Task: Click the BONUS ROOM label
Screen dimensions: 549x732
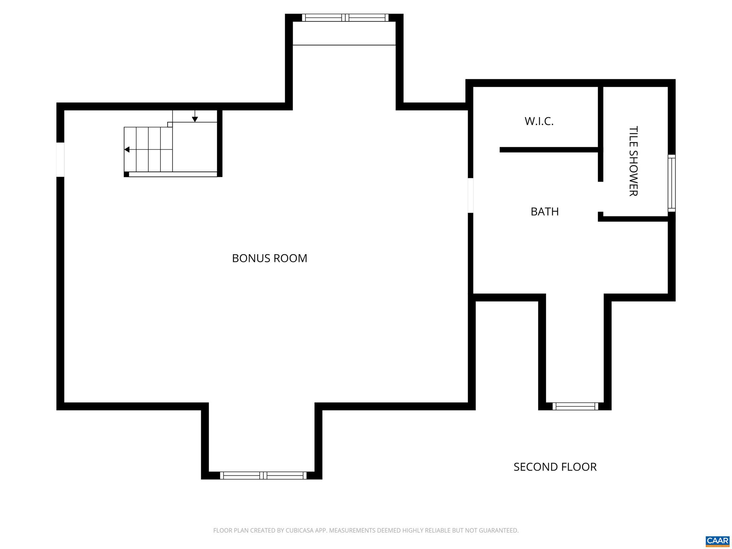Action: click(x=269, y=258)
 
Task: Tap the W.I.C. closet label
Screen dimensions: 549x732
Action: click(x=539, y=122)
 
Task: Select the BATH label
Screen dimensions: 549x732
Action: click(x=544, y=212)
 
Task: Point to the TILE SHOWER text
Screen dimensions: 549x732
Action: click(x=633, y=161)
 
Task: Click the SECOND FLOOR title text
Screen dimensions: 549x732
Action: click(x=555, y=467)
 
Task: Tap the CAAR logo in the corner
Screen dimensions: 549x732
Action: click(x=717, y=541)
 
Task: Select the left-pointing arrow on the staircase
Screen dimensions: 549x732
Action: click(x=127, y=149)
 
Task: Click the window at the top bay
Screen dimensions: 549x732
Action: click(x=345, y=18)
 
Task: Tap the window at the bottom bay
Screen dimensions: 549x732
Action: click(x=263, y=475)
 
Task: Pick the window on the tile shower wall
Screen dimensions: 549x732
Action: click(x=672, y=183)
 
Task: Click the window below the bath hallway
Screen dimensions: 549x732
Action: click(x=575, y=406)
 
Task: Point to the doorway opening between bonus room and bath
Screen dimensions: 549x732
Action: click(x=471, y=196)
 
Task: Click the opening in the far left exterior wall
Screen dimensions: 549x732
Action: click(x=60, y=159)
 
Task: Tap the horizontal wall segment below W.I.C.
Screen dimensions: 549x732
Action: click(x=549, y=150)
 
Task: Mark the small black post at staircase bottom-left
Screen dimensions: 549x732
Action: click(x=126, y=174)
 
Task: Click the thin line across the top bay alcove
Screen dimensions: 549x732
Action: click(x=344, y=45)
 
